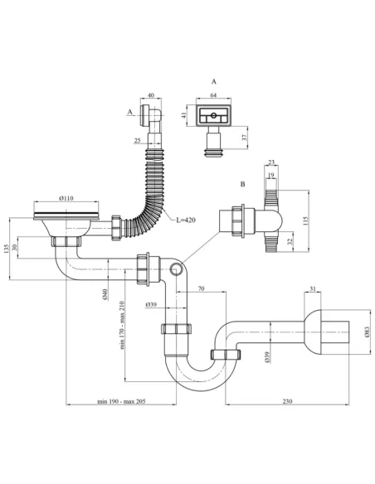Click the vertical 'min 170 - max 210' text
tap(124, 326)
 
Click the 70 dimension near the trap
tap(202, 290)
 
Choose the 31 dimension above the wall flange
tap(312, 288)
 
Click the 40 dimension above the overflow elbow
tap(150, 96)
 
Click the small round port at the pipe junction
tap(176, 269)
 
